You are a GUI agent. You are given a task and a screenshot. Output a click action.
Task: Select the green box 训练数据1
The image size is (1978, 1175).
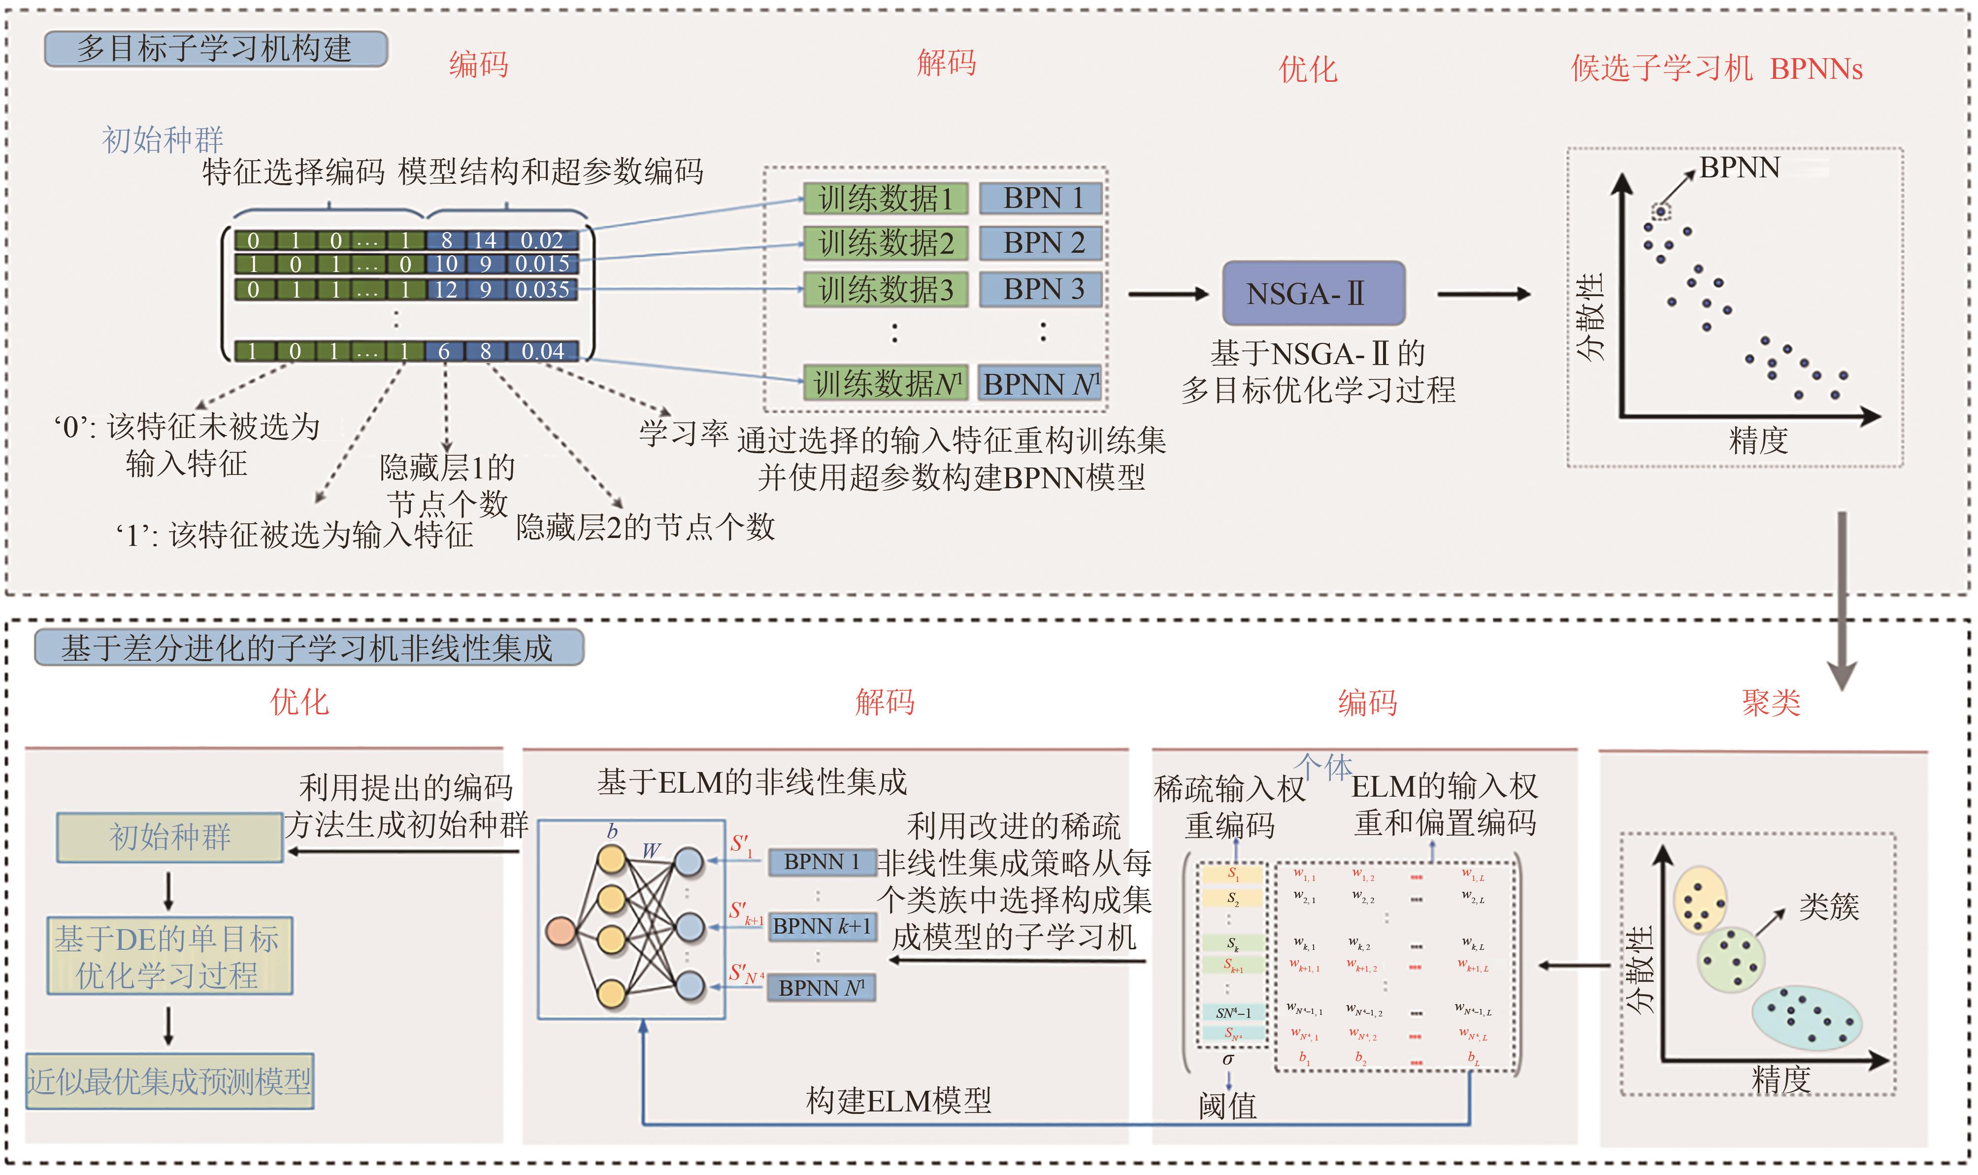pos(885,199)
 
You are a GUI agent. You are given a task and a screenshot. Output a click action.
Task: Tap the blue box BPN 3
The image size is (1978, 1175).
pos(1041,290)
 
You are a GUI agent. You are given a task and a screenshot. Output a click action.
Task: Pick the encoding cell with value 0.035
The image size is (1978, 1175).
pos(542,290)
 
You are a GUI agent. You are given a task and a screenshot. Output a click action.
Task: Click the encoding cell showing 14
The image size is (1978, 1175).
pos(485,240)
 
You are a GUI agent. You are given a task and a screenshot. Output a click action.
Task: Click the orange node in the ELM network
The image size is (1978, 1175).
pos(561,931)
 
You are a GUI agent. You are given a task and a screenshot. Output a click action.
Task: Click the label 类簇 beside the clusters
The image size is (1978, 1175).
pos(1828,906)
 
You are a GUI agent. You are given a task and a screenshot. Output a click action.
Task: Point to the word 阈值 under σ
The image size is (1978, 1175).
pos(1227,1106)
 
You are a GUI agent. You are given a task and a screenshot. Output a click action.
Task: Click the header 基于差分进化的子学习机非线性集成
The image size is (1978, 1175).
pos(308,648)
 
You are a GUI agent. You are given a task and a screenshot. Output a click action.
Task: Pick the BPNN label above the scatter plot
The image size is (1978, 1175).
pos(1739,168)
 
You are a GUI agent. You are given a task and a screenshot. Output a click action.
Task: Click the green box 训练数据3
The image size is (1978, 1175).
pos(885,290)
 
